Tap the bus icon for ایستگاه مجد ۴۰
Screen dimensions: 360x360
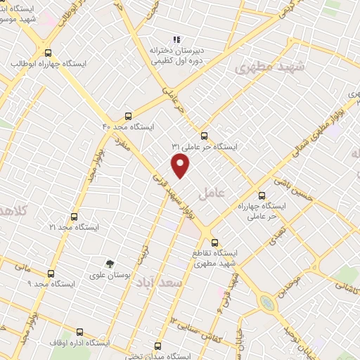click(x=128, y=115)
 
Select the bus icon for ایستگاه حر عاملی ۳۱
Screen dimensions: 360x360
click(x=205, y=136)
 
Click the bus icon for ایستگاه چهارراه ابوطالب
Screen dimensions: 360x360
click(x=48, y=53)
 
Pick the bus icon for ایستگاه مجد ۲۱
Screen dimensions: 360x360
click(x=75, y=217)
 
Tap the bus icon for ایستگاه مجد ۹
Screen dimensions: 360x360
click(x=51, y=274)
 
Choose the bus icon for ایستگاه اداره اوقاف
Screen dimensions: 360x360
click(x=79, y=332)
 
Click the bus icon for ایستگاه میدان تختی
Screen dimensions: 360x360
click(x=157, y=346)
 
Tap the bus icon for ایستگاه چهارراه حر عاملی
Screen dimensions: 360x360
click(x=262, y=195)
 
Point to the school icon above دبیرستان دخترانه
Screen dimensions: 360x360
click(x=176, y=40)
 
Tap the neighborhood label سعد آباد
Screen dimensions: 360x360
click(x=181, y=282)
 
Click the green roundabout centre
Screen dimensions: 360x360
click(x=266, y=303)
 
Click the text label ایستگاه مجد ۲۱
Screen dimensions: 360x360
click(x=75, y=228)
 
